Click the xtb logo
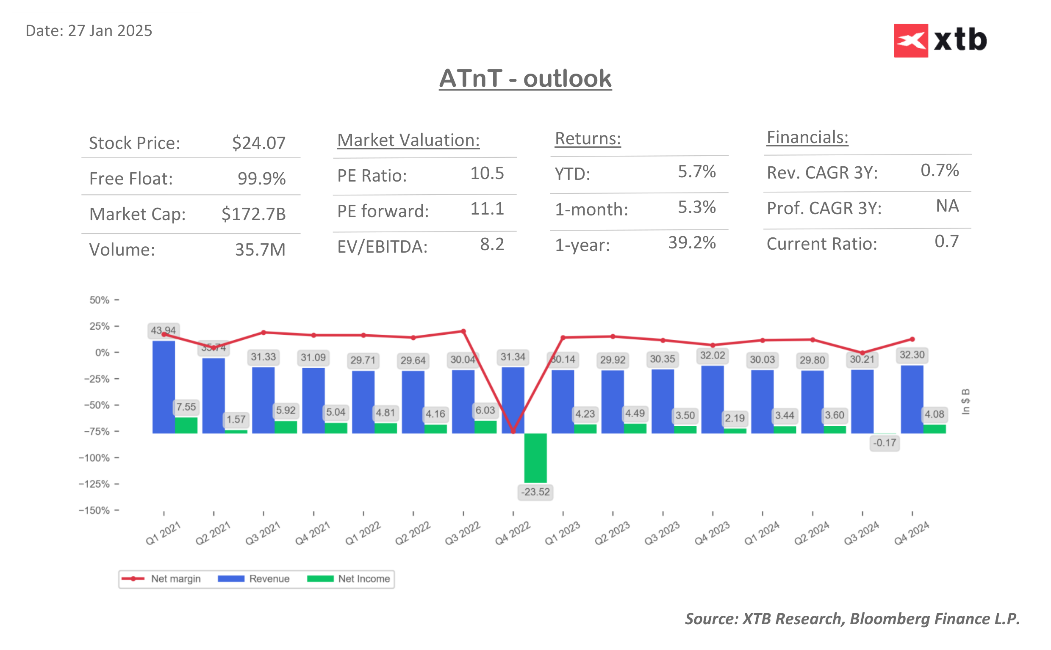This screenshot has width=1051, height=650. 940,40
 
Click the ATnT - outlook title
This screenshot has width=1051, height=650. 525,79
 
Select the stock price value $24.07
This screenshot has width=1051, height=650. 258,143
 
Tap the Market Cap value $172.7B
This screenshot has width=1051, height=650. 253,214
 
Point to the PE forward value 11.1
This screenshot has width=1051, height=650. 487,209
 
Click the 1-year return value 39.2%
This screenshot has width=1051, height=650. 692,243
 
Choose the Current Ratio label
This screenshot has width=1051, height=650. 822,244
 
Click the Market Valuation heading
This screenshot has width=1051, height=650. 408,140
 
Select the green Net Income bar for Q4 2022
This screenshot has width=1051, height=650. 535,458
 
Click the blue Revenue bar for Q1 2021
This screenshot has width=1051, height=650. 164,387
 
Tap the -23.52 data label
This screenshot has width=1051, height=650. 535,492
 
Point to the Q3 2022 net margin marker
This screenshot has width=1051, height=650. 463,331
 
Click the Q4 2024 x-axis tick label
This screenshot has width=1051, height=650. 911,533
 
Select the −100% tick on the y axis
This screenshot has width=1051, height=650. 94,458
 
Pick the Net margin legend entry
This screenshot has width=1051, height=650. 161,578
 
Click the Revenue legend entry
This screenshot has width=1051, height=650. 254,578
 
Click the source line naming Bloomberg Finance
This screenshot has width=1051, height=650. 852,619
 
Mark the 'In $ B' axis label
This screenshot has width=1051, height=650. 966,402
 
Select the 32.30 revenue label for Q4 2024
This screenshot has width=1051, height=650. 912,355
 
